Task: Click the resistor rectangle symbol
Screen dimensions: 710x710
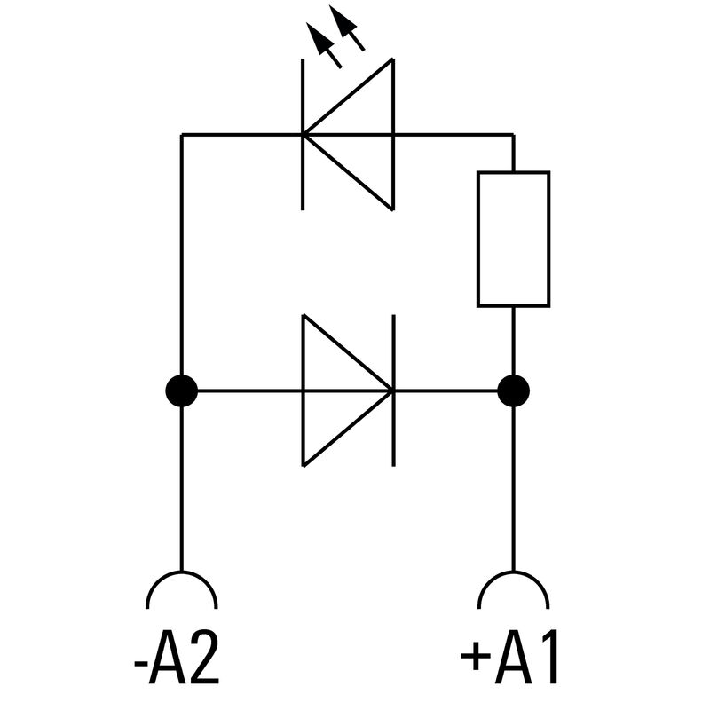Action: [x=513, y=239]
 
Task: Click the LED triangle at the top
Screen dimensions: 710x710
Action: [x=355, y=135]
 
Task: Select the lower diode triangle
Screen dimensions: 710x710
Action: [x=342, y=390]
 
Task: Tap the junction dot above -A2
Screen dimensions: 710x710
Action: [x=181, y=390]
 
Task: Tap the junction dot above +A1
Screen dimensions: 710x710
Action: [x=513, y=390]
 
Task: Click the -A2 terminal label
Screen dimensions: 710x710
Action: [x=176, y=659]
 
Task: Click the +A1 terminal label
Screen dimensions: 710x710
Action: [x=512, y=659]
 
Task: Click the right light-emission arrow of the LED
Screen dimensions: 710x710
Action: [x=348, y=28]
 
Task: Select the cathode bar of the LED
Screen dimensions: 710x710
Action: [x=303, y=135]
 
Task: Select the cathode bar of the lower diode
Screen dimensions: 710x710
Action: [x=394, y=390]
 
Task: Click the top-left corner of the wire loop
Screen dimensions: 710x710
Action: [x=182, y=135]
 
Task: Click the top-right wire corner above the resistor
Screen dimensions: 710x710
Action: [x=513, y=135]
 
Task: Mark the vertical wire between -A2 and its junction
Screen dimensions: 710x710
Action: [x=181, y=488]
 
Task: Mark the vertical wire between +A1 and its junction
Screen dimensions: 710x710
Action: [x=513, y=488]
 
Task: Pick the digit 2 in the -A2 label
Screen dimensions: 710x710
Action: [x=201, y=659]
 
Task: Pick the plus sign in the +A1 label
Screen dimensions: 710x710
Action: [x=476, y=659]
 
